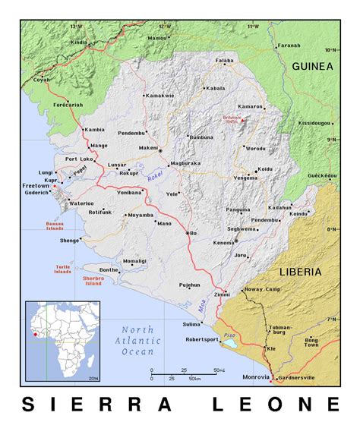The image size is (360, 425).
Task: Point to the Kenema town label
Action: click(x=223, y=242)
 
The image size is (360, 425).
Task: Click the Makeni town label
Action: click(x=147, y=148)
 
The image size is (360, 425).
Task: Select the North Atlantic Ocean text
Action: click(x=137, y=340)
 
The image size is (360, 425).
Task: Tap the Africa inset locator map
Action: click(x=63, y=341)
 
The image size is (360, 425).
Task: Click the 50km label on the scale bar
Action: click(x=194, y=378)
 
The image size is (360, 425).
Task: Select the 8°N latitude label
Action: click(x=331, y=228)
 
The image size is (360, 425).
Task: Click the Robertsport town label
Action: click(x=201, y=339)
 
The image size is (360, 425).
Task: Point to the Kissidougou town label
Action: click(x=314, y=122)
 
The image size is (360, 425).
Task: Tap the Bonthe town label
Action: click(x=109, y=269)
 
